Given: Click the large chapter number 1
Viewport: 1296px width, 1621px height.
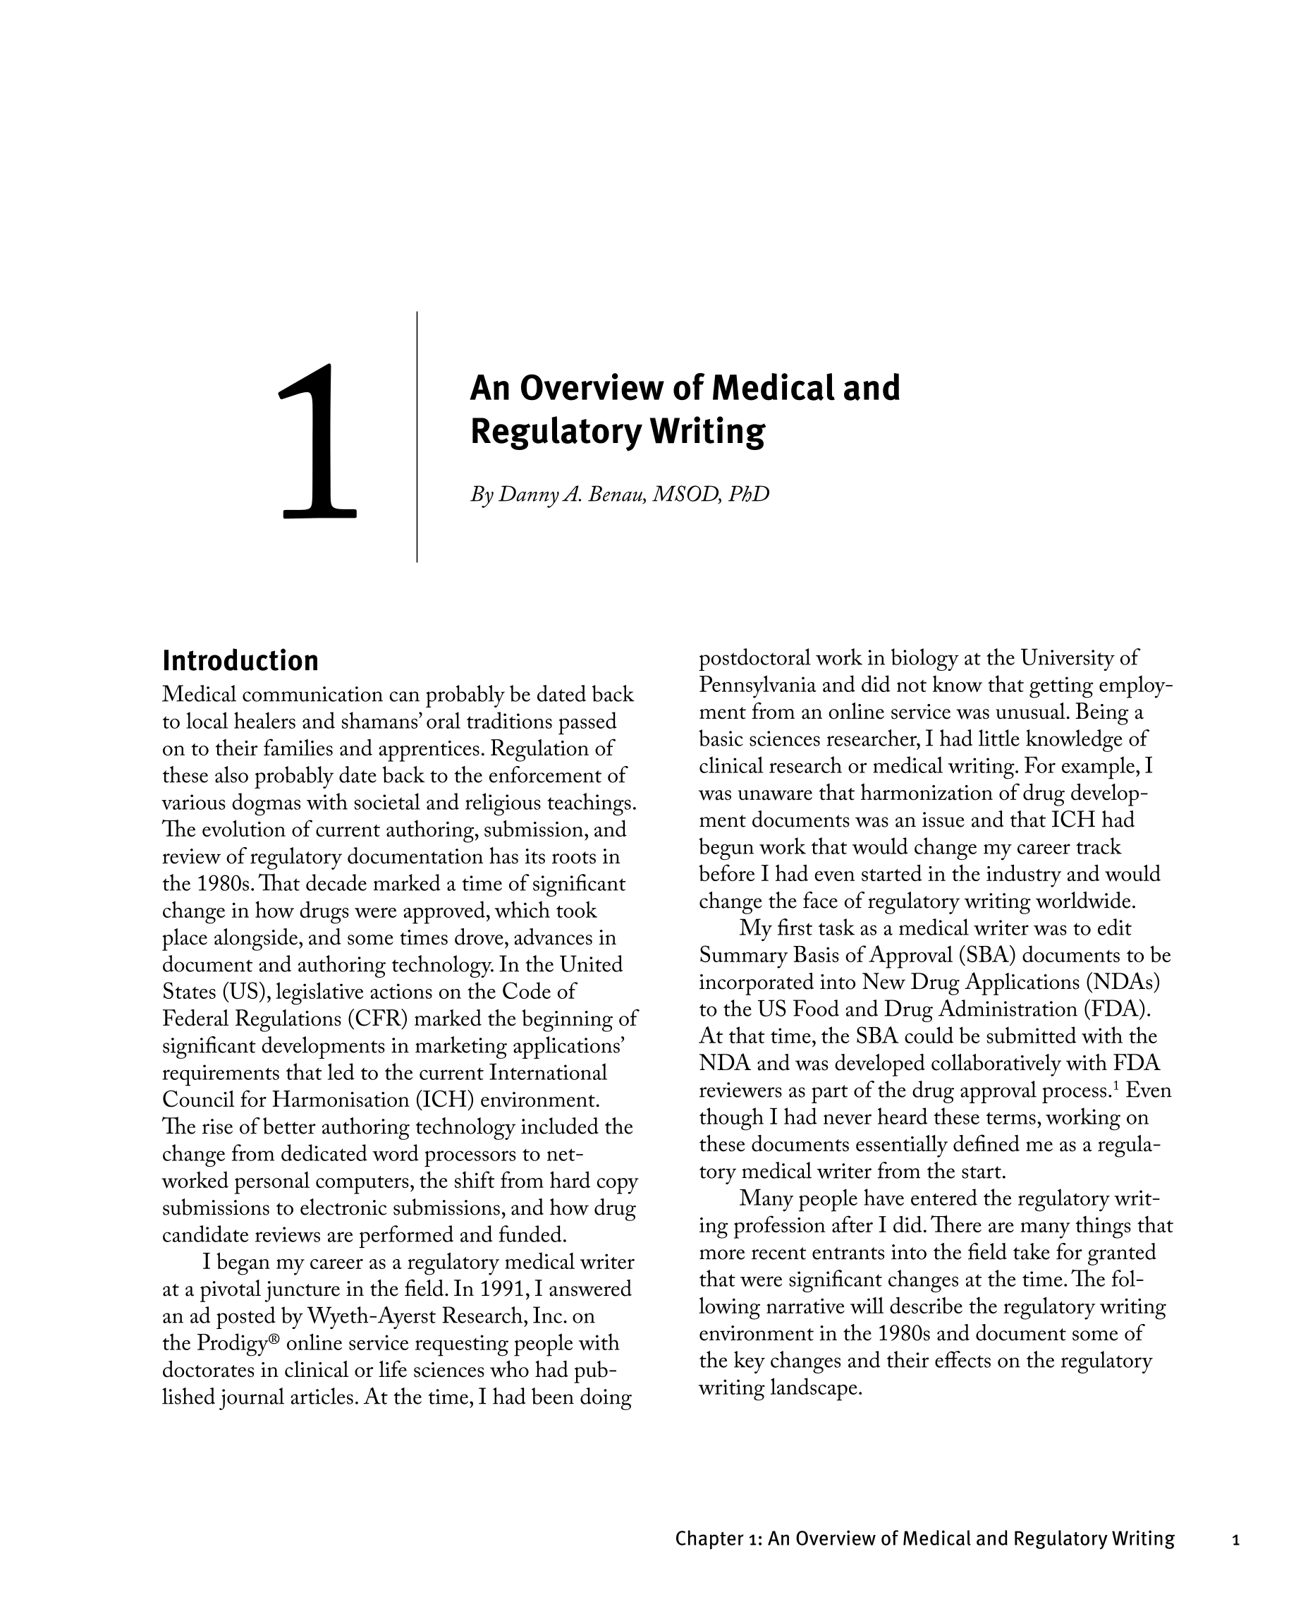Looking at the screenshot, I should point(317,443).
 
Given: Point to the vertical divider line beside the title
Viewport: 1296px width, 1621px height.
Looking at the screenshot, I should point(417,436).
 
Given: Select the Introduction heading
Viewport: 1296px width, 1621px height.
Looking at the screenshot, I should point(240,661).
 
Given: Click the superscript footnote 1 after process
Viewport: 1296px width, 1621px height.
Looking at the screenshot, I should point(1116,1086).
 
